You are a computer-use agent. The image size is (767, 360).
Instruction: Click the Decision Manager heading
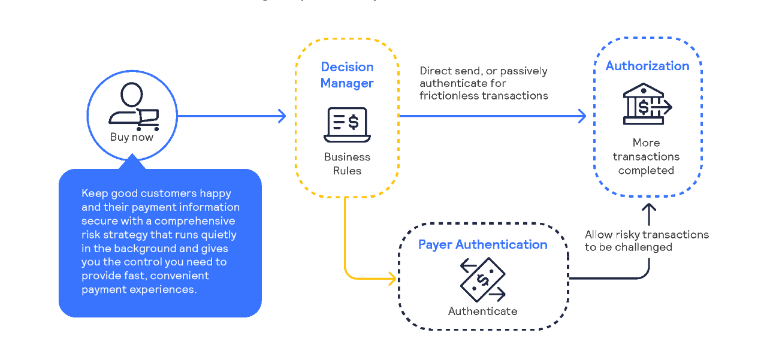pos(347,75)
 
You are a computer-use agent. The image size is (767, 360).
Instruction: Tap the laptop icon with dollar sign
pos(347,125)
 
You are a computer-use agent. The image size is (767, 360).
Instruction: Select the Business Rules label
pos(347,164)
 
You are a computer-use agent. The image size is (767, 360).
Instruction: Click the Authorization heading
pos(647,66)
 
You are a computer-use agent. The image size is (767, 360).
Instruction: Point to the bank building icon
pos(646,104)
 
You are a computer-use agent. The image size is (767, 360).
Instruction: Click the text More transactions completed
pos(646,157)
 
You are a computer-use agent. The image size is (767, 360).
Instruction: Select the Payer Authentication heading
pos(482,244)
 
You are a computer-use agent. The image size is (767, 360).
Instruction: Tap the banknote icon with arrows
pos(482,280)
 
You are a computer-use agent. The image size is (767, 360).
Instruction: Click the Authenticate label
pos(482,311)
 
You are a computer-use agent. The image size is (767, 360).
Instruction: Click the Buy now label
pos(132,137)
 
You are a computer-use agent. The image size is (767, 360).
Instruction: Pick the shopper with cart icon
pos(133,107)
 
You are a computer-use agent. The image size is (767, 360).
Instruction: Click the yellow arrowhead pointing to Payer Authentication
pos(392,279)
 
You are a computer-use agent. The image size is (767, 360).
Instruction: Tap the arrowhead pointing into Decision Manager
pos(283,116)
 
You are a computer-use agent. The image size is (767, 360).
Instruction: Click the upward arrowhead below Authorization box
pos(649,208)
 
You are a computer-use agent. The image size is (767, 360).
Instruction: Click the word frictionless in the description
pos(445,96)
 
